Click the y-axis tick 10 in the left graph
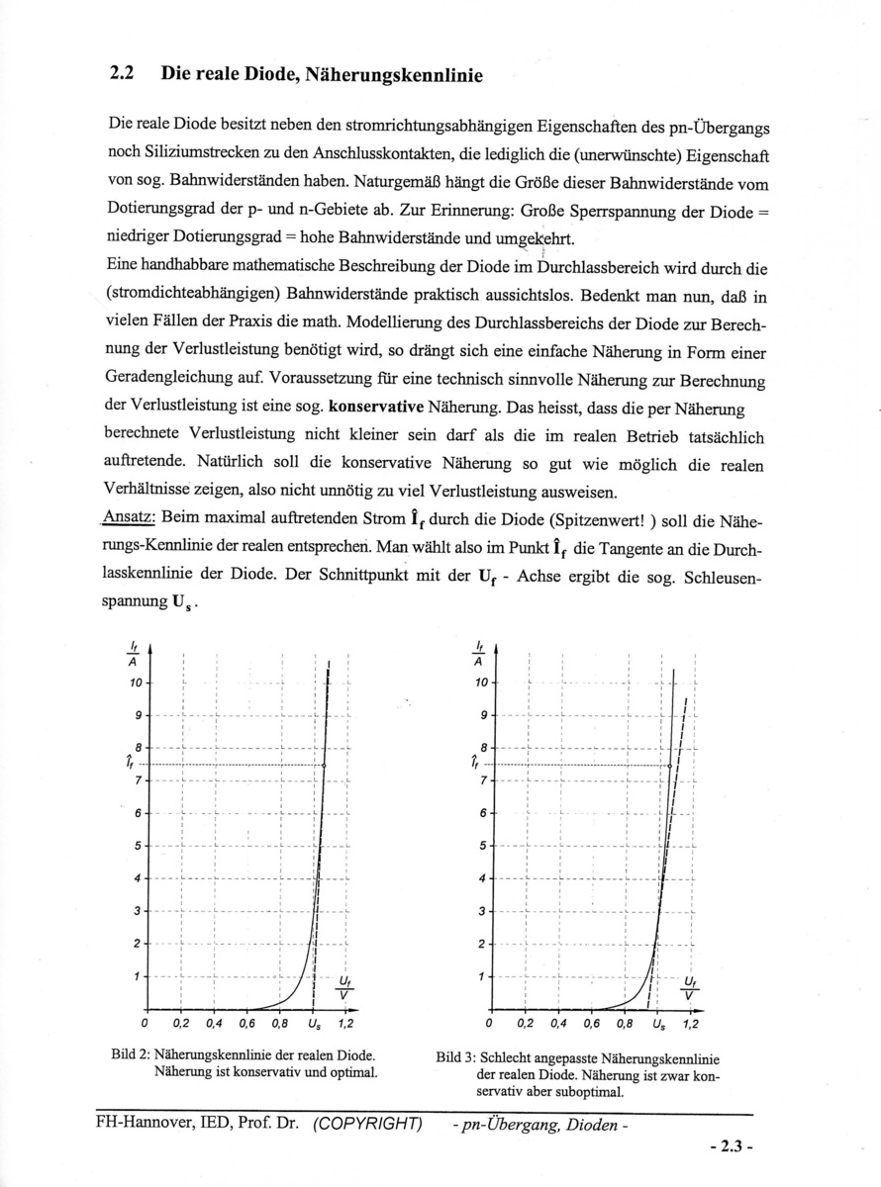click(x=138, y=684)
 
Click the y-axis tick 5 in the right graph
click(x=482, y=846)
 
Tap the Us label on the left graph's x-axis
click(x=315, y=1023)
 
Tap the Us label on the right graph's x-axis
click(x=659, y=1023)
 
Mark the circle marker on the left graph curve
click(x=326, y=766)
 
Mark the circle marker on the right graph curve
click(x=670, y=766)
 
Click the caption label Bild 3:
click(x=456, y=1057)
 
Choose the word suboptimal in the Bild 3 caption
click(x=591, y=1093)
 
